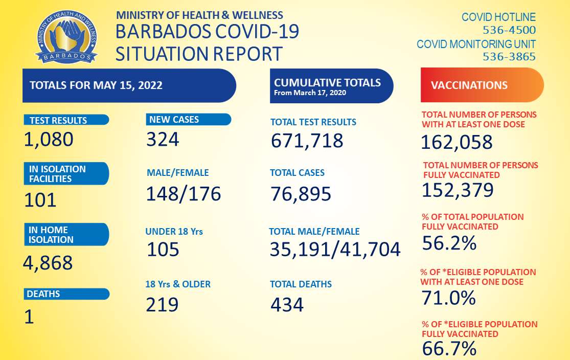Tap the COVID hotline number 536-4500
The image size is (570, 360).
(x=509, y=30)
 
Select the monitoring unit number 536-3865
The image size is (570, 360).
(x=509, y=57)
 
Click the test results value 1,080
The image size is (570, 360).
(x=49, y=139)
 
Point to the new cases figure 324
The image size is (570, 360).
(x=163, y=139)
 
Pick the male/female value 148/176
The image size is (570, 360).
(x=184, y=194)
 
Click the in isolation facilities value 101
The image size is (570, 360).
(x=40, y=200)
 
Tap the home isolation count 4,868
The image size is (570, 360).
(x=48, y=263)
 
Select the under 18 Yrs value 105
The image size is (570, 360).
(x=163, y=249)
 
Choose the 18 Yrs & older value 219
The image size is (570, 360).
(x=163, y=304)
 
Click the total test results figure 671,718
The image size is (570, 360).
(x=307, y=140)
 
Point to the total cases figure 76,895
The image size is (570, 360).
(x=301, y=194)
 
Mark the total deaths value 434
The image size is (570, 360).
(x=287, y=305)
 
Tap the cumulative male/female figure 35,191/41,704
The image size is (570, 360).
(x=335, y=249)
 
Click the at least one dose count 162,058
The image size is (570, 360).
(x=457, y=142)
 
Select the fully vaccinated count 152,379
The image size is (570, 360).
(x=458, y=190)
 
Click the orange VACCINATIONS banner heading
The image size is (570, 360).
(x=482, y=85)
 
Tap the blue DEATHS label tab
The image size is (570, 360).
(x=66, y=294)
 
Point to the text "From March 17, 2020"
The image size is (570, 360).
(x=310, y=93)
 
